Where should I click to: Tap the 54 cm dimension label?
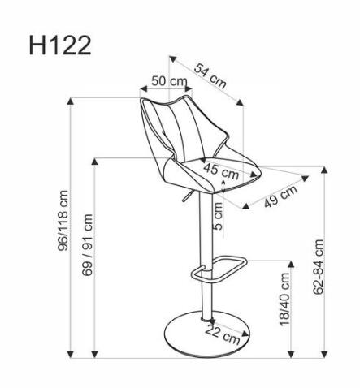[x=209, y=74]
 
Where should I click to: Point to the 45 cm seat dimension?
[x=220, y=170]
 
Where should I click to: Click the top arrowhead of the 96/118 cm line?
[x=73, y=102]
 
